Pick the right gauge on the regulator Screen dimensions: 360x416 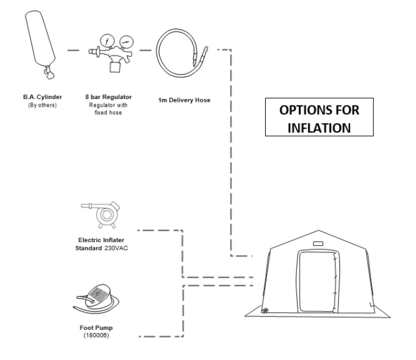126,41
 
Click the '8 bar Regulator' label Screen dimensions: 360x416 108,96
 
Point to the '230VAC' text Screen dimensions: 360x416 117,248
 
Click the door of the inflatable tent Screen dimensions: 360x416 319,280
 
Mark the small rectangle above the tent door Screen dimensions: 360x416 319,243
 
